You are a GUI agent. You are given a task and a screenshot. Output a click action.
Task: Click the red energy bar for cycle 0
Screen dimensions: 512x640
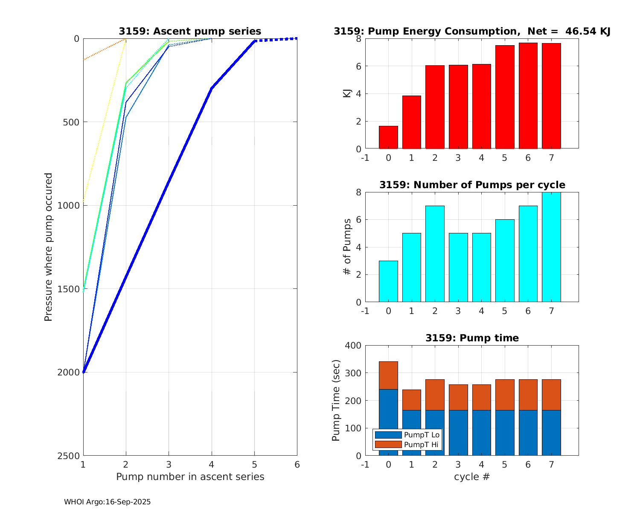point(388,137)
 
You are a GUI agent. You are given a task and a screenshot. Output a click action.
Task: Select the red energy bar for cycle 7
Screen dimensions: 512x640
point(551,96)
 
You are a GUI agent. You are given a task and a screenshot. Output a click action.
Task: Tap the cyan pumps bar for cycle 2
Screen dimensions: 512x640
point(435,254)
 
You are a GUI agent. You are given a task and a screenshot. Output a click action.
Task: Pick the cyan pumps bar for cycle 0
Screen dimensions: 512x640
point(388,282)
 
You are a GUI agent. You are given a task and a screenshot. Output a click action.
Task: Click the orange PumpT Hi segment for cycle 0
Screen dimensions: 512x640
point(388,375)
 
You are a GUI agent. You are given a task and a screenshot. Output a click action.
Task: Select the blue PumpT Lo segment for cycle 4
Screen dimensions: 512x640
point(481,433)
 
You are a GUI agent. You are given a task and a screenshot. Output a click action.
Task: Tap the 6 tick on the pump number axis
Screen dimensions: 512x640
point(297,464)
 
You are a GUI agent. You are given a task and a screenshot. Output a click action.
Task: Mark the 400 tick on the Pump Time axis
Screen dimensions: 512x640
point(352,346)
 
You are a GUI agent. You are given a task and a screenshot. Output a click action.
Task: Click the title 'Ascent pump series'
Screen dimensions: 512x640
point(190,31)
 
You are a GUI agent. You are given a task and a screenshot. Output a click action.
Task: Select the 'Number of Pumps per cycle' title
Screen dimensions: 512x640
point(472,185)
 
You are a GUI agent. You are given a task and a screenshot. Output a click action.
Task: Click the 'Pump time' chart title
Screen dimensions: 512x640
point(472,338)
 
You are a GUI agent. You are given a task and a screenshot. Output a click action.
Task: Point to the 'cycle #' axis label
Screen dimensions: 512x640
point(472,477)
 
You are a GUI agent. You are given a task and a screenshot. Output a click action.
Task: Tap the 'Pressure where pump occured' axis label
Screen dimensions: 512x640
point(49,247)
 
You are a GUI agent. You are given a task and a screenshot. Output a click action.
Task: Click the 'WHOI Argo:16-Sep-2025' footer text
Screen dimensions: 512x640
point(108,502)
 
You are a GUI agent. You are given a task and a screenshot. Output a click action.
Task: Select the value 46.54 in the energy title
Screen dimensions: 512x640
point(579,31)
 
